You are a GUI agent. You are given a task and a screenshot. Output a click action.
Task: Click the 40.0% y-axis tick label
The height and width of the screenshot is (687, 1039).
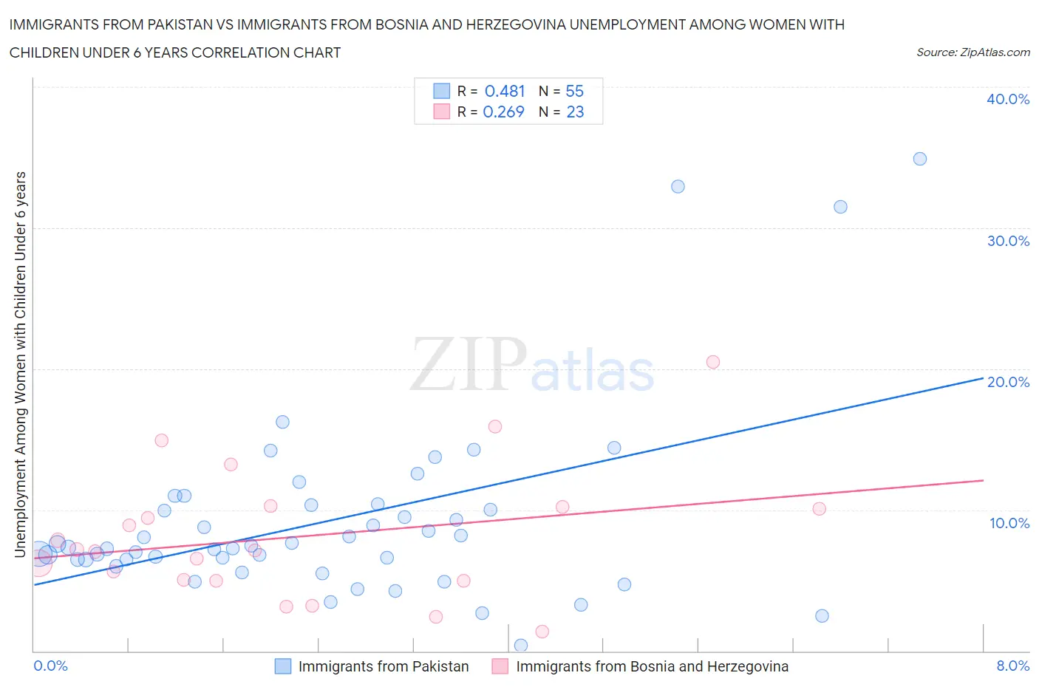(x=1007, y=99)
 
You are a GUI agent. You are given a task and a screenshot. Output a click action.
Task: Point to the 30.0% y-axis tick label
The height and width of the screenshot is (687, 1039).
(x=1007, y=241)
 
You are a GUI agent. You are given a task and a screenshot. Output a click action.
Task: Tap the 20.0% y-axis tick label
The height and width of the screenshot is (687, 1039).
(x=1007, y=382)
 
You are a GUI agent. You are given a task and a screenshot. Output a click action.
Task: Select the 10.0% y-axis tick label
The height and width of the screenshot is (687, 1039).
(x=1009, y=523)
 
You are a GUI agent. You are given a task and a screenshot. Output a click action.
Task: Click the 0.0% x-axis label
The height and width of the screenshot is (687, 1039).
(x=50, y=666)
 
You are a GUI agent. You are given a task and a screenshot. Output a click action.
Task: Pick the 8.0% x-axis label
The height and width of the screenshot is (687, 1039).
(x=1012, y=666)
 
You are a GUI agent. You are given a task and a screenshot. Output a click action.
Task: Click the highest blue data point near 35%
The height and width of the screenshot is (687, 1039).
(x=919, y=159)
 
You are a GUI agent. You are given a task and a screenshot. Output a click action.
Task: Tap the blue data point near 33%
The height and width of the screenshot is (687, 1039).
(x=678, y=186)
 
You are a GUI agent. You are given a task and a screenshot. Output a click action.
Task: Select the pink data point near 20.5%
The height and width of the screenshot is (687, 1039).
(x=712, y=362)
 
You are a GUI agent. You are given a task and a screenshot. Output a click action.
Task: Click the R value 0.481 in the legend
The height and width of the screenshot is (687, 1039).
(x=504, y=91)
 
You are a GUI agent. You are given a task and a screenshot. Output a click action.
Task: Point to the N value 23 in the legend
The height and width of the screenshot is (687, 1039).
(x=574, y=112)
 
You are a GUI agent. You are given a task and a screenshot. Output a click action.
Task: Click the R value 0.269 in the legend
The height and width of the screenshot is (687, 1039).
(x=503, y=112)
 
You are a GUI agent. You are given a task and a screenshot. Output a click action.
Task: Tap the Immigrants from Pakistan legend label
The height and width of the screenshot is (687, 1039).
(x=383, y=666)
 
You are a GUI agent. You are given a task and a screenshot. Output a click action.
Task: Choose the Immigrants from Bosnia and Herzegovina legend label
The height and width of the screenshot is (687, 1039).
(x=652, y=666)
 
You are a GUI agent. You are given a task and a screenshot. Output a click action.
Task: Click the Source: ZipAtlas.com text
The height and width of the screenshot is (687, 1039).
(x=972, y=52)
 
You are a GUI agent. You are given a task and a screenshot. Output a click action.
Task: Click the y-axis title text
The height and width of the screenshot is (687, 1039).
(x=21, y=364)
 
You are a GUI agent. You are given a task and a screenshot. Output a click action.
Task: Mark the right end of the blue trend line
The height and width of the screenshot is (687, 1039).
(x=983, y=377)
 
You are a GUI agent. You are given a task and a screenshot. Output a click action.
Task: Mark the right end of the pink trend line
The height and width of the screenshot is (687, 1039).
(x=983, y=480)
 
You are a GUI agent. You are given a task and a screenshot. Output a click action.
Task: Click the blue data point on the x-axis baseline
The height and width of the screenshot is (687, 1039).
(x=520, y=646)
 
